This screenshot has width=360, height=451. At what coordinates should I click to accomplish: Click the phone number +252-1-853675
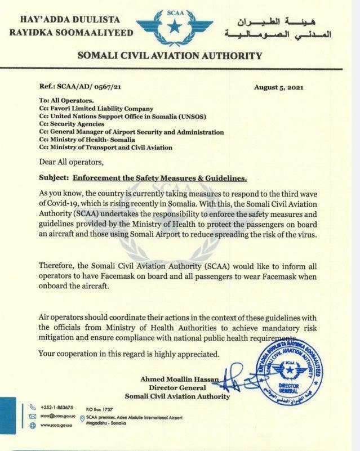pos(57,406)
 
